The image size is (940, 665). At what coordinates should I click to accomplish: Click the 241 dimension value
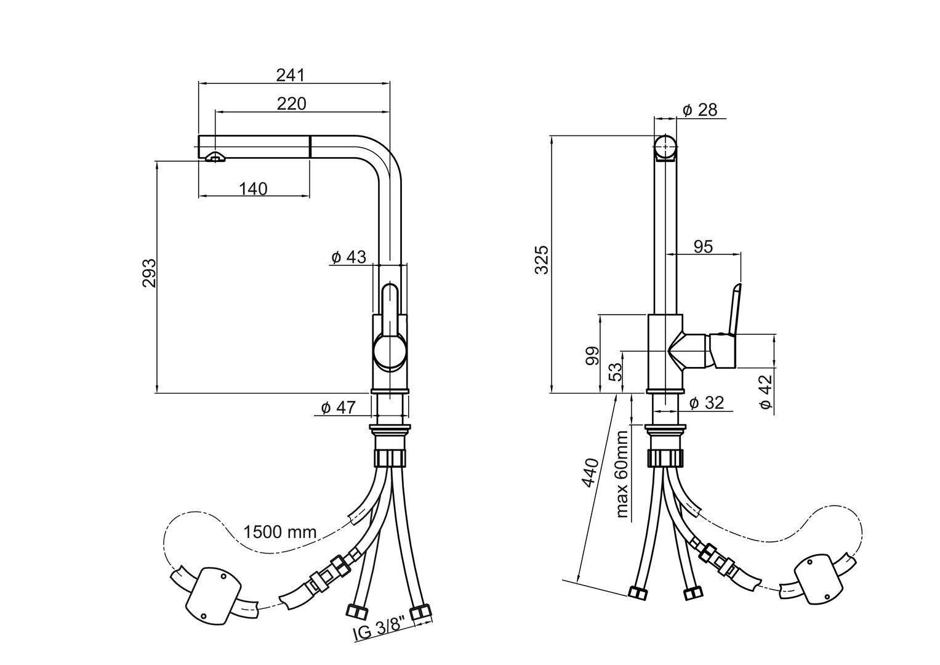pyautogui.click(x=291, y=75)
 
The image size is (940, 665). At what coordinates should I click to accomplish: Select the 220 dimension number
pyautogui.click(x=291, y=103)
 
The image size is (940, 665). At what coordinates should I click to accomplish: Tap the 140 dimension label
pyautogui.click(x=253, y=189)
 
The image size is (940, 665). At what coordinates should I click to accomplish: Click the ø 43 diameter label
pyautogui.click(x=348, y=257)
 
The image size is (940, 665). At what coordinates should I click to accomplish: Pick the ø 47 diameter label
pyautogui.click(x=338, y=407)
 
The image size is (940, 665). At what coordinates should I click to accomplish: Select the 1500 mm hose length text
pyautogui.click(x=279, y=531)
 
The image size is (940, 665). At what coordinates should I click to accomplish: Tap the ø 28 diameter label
pyautogui.click(x=700, y=110)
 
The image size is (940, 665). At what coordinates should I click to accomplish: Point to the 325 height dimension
pyautogui.click(x=542, y=260)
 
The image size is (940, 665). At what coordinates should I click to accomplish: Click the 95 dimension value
pyautogui.click(x=703, y=246)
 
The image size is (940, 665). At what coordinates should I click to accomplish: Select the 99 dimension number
pyautogui.click(x=592, y=356)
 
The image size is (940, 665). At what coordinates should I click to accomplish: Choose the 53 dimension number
pyautogui.click(x=614, y=371)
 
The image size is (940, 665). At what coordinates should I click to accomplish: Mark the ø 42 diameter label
pyautogui.click(x=765, y=392)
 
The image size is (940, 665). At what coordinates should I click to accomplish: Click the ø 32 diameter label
pyautogui.click(x=706, y=403)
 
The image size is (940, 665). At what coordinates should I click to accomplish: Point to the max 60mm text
pyautogui.click(x=622, y=474)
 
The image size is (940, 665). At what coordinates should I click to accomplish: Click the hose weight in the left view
pyautogui.click(x=212, y=594)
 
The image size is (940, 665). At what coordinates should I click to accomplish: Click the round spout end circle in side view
pyautogui.click(x=665, y=146)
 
